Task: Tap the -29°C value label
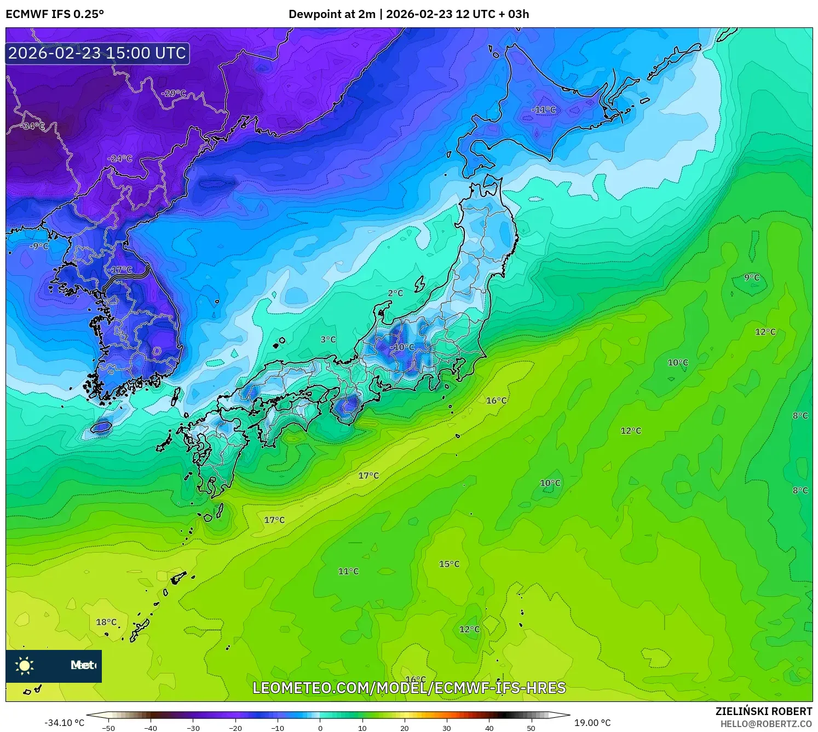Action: coord(174,93)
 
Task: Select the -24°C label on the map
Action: coord(119,159)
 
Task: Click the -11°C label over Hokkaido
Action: coord(543,110)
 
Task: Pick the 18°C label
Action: coord(106,622)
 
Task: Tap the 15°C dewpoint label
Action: coord(449,564)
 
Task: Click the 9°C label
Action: coord(752,277)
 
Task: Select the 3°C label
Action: coord(328,339)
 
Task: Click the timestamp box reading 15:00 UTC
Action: coord(97,53)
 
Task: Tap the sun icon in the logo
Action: coord(25,666)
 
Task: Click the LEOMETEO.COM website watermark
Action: coord(408,688)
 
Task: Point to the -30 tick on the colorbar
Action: coord(193,728)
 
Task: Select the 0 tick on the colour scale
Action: coord(320,728)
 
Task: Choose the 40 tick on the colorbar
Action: coord(489,728)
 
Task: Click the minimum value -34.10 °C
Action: coord(64,723)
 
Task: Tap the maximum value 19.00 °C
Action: coord(592,723)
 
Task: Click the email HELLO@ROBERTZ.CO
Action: coord(766,724)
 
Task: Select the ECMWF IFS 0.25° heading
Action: coord(55,14)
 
